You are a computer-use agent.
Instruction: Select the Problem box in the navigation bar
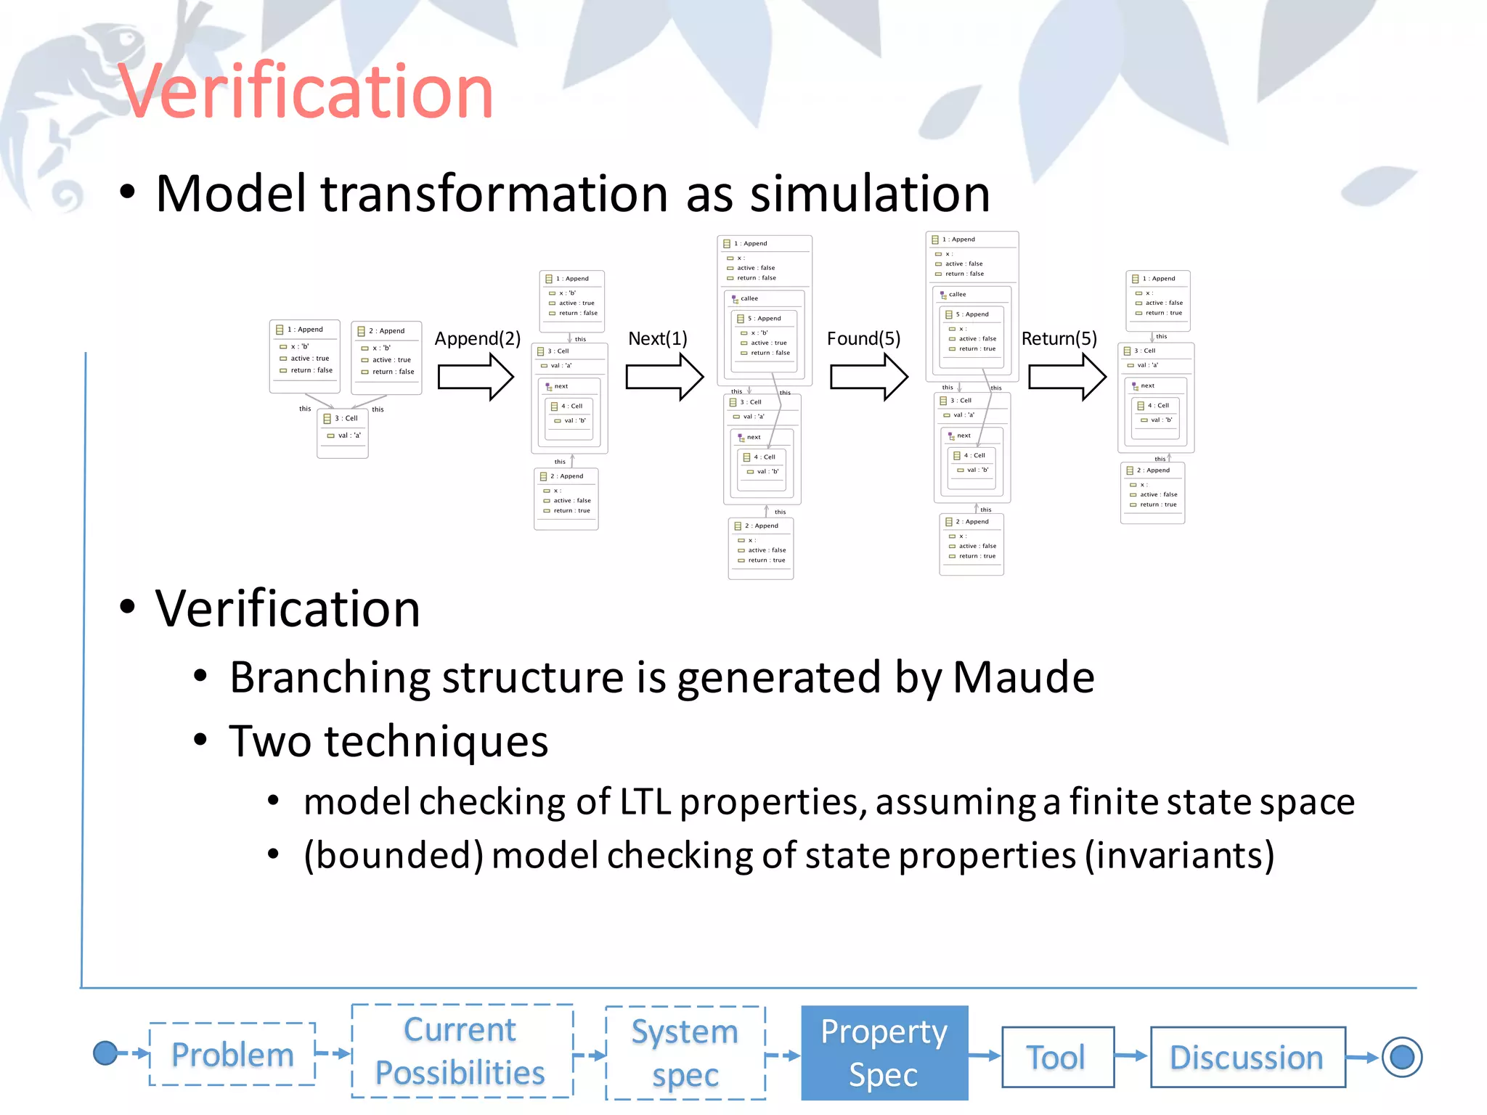click(x=232, y=1054)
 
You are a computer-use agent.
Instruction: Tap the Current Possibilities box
click(x=461, y=1051)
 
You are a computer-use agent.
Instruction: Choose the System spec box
click(x=685, y=1053)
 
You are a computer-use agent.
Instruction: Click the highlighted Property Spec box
click(x=884, y=1053)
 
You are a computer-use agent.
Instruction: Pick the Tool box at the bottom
click(x=1056, y=1057)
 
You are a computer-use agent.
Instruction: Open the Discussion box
click(x=1247, y=1057)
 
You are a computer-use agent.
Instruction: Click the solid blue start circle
click(x=105, y=1053)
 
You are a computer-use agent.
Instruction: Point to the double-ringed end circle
click(x=1401, y=1057)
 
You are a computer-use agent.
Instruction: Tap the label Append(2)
click(x=477, y=339)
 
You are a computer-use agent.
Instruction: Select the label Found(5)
click(x=863, y=339)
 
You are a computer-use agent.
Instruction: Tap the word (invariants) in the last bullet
click(x=1179, y=855)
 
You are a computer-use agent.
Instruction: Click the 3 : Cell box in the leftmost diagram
click(x=342, y=433)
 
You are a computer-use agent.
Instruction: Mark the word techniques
click(x=436, y=741)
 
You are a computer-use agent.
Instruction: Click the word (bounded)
click(x=394, y=855)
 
